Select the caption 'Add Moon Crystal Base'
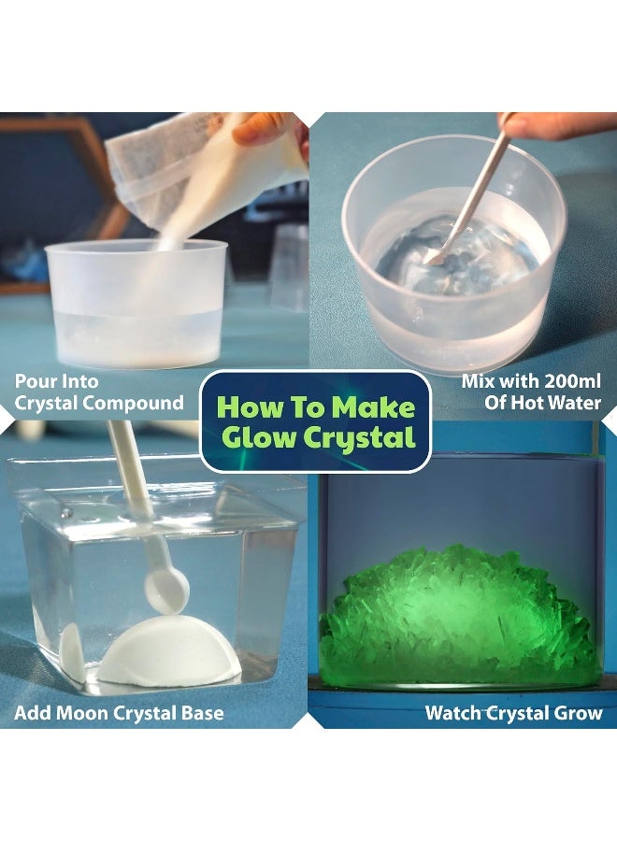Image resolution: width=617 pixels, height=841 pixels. click(x=119, y=713)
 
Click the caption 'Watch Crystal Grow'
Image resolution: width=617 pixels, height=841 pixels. click(x=513, y=713)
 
